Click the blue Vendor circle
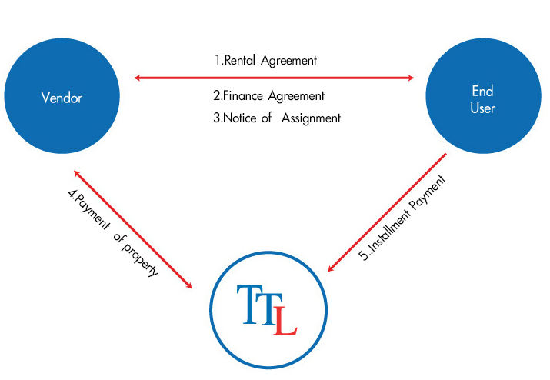pos(62,98)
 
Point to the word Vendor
pos(62,98)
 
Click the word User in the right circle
pos(482,108)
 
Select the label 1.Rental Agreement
pos(265,60)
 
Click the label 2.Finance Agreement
pos(268,96)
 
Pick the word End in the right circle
pos(482,91)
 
